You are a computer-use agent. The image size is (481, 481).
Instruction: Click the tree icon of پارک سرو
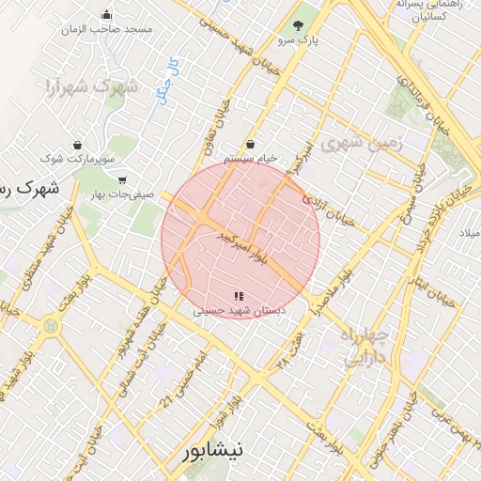[299, 24]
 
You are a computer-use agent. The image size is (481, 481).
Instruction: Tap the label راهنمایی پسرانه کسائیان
[428, 10]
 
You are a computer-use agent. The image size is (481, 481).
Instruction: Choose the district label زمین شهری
[361, 144]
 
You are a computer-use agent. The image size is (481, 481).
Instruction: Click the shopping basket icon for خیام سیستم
[251, 144]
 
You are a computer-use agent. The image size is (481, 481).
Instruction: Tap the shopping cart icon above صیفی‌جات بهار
[122, 179]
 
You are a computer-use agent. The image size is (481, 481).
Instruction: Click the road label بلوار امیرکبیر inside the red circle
[248, 247]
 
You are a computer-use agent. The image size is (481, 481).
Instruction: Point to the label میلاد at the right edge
[467, 232]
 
